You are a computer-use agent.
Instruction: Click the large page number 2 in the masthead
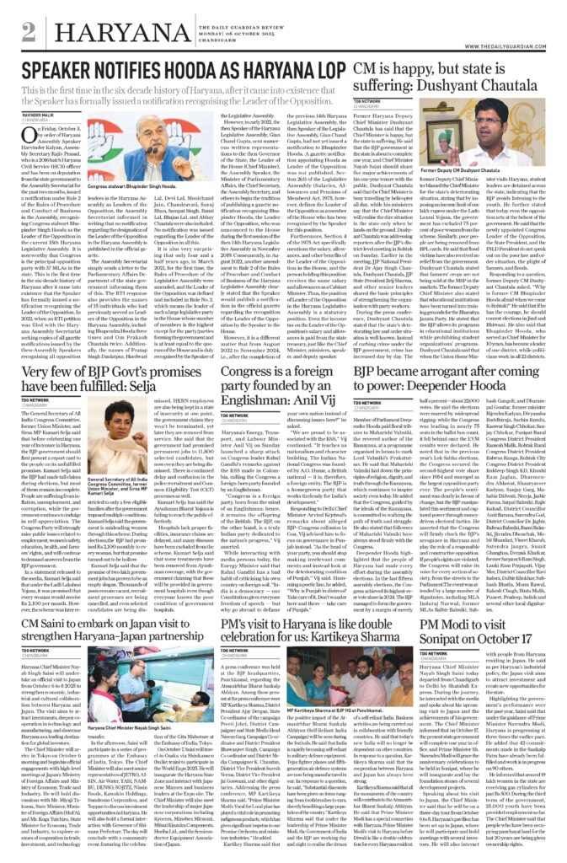pyautogui.click(x=29, y=32)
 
